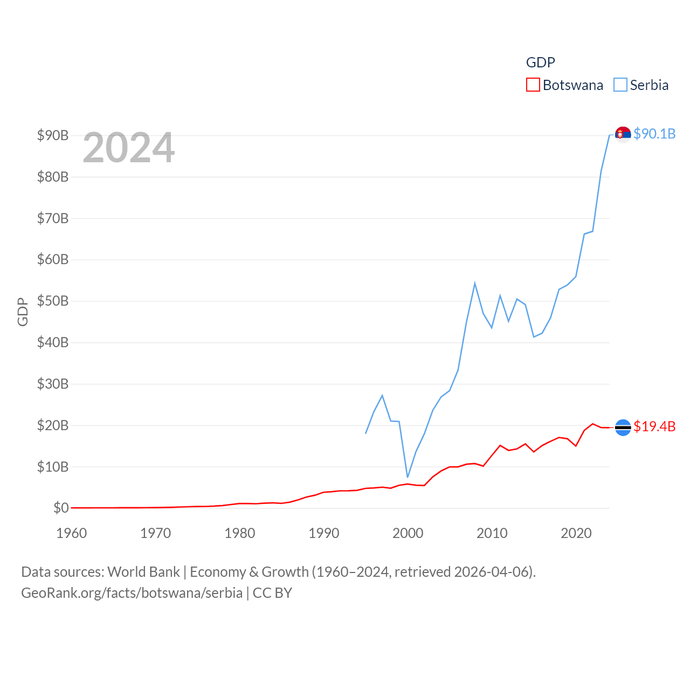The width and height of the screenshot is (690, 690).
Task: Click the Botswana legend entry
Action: (565, 85)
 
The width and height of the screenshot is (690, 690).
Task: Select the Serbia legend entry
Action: (641, 85)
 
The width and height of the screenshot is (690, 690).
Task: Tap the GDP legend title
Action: (540, 63)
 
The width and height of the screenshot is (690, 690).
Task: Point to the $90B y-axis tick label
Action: (53, 135)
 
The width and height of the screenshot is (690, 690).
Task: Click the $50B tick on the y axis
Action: (53, 301)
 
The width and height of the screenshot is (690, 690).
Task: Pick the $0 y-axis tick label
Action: (61, 508)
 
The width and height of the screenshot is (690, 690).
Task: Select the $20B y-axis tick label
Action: (53, 425)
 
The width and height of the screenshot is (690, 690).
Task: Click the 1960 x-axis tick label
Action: (71, 533)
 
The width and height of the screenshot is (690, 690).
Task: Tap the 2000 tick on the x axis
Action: (408, 533)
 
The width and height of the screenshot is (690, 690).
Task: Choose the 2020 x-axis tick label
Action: (576, 533)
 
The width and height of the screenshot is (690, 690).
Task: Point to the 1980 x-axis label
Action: (239, 533)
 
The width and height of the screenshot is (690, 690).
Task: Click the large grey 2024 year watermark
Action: (128, 147)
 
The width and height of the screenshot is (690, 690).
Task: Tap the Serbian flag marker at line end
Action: (623, 134)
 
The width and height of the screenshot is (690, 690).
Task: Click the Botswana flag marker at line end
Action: (623, 427)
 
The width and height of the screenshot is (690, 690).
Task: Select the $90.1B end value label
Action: (654, 134)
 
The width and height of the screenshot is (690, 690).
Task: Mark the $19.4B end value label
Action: (654, 426)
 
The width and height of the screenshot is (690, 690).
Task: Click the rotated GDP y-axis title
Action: (23, 312)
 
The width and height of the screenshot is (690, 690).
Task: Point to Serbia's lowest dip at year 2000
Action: (408, 477)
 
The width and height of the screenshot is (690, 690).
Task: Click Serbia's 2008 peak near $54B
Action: (475, 283)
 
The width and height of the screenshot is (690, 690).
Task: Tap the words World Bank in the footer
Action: (143, 572)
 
